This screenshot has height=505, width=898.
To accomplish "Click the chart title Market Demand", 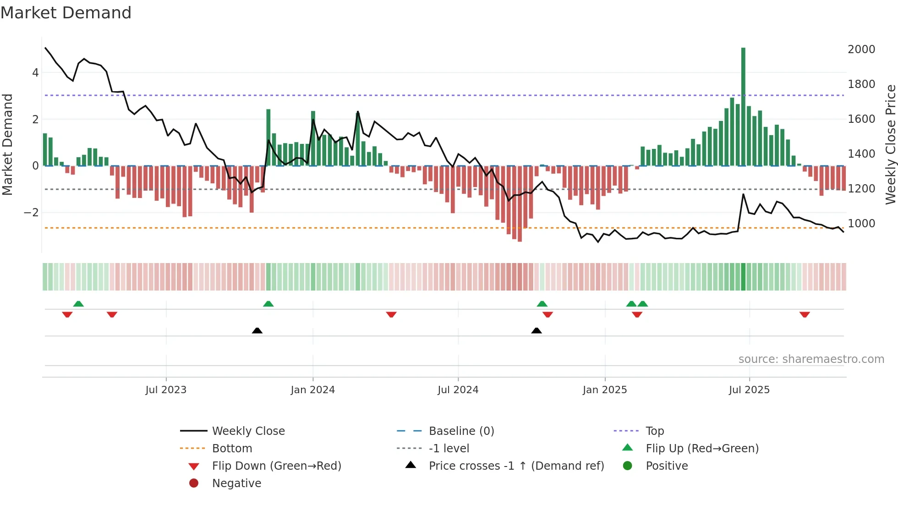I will pos(66,13).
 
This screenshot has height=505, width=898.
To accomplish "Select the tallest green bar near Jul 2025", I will pos(743,105).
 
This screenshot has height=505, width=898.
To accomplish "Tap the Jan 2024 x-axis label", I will pos(312,390).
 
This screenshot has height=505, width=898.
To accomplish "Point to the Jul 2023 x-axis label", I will pos(166,390).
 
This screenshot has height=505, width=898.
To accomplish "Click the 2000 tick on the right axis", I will pos(861,49).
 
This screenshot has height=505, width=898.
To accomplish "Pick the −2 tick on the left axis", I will pos(31,213).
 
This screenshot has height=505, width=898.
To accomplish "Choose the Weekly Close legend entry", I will pos(248,431).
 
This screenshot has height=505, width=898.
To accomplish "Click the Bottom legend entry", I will pos(232,449).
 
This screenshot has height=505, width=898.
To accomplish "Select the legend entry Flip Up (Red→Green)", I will pos(702,449).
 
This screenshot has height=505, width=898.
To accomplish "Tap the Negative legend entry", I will pos(236,483).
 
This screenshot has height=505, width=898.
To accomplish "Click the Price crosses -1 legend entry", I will pos(516,466).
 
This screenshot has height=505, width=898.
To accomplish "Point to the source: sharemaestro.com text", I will pos(811,359).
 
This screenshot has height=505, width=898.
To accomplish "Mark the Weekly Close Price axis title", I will pos(890,144).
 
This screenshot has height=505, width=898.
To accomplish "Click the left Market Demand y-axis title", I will pos(7,144).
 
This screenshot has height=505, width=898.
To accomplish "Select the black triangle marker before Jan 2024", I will pos(257,330).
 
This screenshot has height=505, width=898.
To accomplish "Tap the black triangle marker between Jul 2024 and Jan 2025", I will pos(537,330).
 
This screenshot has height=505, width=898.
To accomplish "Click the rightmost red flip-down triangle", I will pos(805,314).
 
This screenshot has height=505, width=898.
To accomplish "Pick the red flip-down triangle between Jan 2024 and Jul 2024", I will pos(391,314).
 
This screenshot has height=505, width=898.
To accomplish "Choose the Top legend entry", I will pos(654,431).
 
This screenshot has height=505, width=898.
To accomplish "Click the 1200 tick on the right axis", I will pos(861,189).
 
